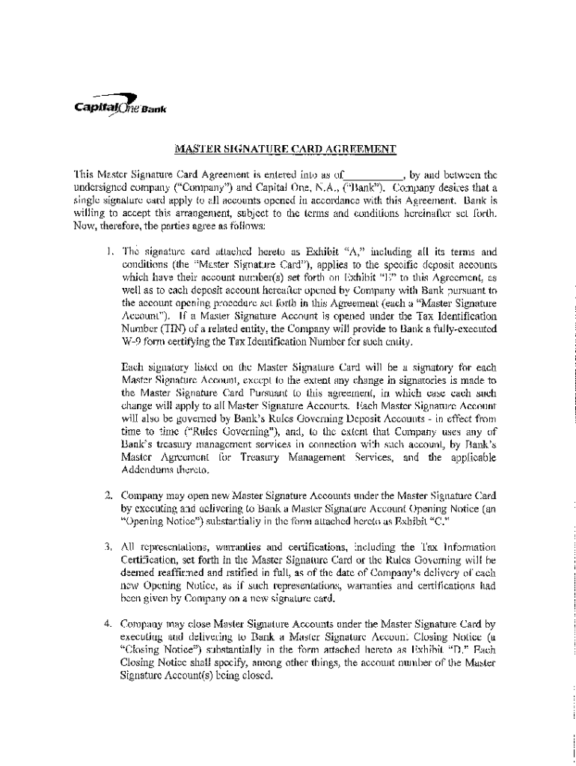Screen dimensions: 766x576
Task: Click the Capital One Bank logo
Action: pyautogui.click(x=120, y=105)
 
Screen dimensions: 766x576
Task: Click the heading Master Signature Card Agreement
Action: pyautogui.click(x=284, y=149)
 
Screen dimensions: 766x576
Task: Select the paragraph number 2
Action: pyautogui.click(x=109, y=494)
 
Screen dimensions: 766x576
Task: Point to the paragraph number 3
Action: pyautogui.click(x=109, y=546)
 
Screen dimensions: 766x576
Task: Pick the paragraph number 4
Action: pyautogui.click(x=109, y=622)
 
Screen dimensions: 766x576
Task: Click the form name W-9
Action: pyautogui.click(x=132, y=342)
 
